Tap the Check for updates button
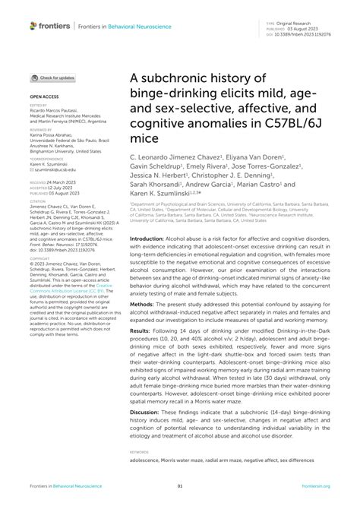click(x=52, y=77)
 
